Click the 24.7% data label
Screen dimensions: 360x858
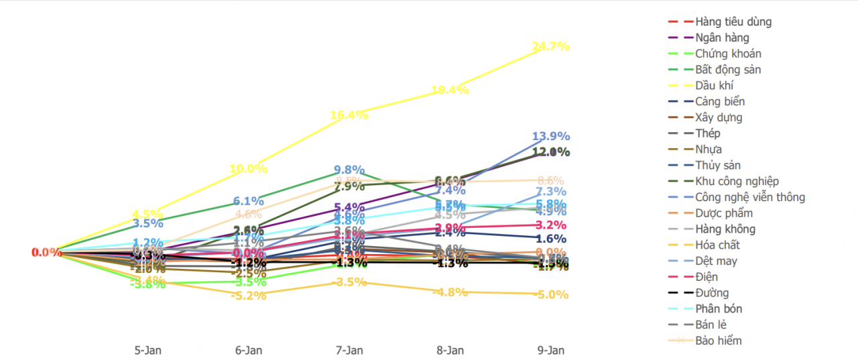[551, 46]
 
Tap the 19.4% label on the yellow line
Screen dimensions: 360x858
[450, 90]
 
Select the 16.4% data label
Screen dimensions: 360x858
[349, 115]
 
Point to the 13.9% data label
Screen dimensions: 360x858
[551, 136]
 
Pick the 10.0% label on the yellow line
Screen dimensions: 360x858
[248, 169]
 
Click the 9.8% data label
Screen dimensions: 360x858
[349, 170]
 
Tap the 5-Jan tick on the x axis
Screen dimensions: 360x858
[148, 350]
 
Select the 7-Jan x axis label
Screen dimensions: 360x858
[349, 350]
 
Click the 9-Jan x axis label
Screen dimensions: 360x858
[551, 350]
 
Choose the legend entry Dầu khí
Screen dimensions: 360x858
[715, 85]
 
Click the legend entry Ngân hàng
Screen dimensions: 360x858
[722, 38]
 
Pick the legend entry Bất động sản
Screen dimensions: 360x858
[728, 69]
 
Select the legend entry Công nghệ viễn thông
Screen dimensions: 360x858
[750, 197]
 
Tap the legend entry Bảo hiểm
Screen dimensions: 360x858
[719, 341]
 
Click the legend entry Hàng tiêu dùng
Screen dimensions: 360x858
[733, 21]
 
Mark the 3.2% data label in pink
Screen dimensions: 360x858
[551, 225]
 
